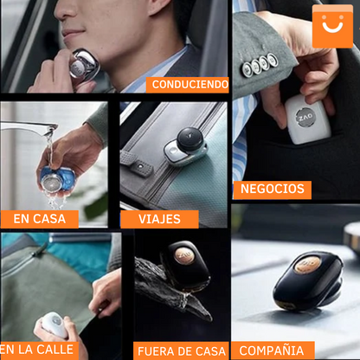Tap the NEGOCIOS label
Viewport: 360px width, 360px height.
(x=273, y=190)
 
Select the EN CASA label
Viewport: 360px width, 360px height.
(x=40, y=219)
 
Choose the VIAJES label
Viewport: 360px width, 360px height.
(x=159, y=219)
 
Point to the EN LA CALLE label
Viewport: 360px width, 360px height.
(x=37, y=350)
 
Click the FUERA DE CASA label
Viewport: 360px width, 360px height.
(x=181, y=351)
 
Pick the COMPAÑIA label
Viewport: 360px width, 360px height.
(x=273, y=350)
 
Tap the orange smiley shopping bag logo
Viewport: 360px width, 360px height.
(x=332, y=26)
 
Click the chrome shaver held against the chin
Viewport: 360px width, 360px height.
(x=84, y=65)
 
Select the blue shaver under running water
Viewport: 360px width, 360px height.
(x=57, y=179)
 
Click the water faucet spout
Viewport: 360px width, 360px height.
(x=29, y=126)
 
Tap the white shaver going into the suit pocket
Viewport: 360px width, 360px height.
(x=307, y=119)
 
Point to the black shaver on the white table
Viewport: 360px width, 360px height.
(x=308, y=280)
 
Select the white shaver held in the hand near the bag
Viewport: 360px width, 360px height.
(x=55, y=325)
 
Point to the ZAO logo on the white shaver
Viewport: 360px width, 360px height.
(x=305, y=118)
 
